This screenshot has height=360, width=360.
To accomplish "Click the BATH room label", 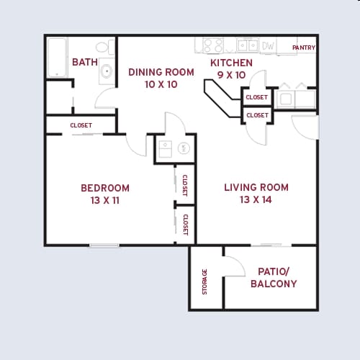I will (85, 63).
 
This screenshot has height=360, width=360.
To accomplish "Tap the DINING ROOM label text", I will (161, 72).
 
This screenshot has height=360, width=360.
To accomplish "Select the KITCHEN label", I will (232, 63).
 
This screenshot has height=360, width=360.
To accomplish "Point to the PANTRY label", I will (303, 48).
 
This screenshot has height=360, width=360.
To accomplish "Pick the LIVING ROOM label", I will (256, 188).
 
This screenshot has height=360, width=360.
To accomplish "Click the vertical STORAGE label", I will (204, 281).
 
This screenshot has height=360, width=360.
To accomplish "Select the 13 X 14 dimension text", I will (256, 200).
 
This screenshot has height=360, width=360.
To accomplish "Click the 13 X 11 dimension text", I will (105, 201).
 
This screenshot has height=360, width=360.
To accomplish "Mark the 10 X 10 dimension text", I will (161, 84).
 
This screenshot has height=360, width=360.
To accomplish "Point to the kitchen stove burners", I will (213, 45).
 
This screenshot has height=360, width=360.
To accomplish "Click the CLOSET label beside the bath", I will (81, 125).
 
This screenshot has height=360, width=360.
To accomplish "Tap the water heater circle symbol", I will (183, 149).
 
